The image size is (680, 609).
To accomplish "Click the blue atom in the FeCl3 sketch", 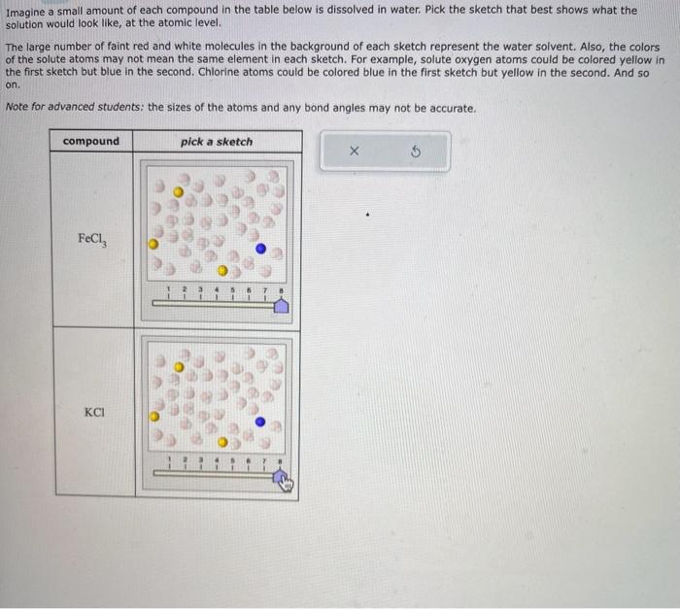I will point(260,249).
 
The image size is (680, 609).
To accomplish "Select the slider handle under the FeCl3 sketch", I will point(280,307).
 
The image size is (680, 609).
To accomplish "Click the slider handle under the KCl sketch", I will point(280,479).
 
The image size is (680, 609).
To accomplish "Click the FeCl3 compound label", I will point(91,239).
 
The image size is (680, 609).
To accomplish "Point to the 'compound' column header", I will point(91,142).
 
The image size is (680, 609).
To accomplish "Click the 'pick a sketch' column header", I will point(216,142).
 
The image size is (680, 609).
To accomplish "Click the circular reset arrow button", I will point(417,152).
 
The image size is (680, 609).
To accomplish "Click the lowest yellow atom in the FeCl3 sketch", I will point(222,270).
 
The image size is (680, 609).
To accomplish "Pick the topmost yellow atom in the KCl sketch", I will point(178,368).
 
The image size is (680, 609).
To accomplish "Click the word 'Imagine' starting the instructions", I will point(25,11).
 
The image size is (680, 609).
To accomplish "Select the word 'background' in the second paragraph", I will point(289,48).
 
